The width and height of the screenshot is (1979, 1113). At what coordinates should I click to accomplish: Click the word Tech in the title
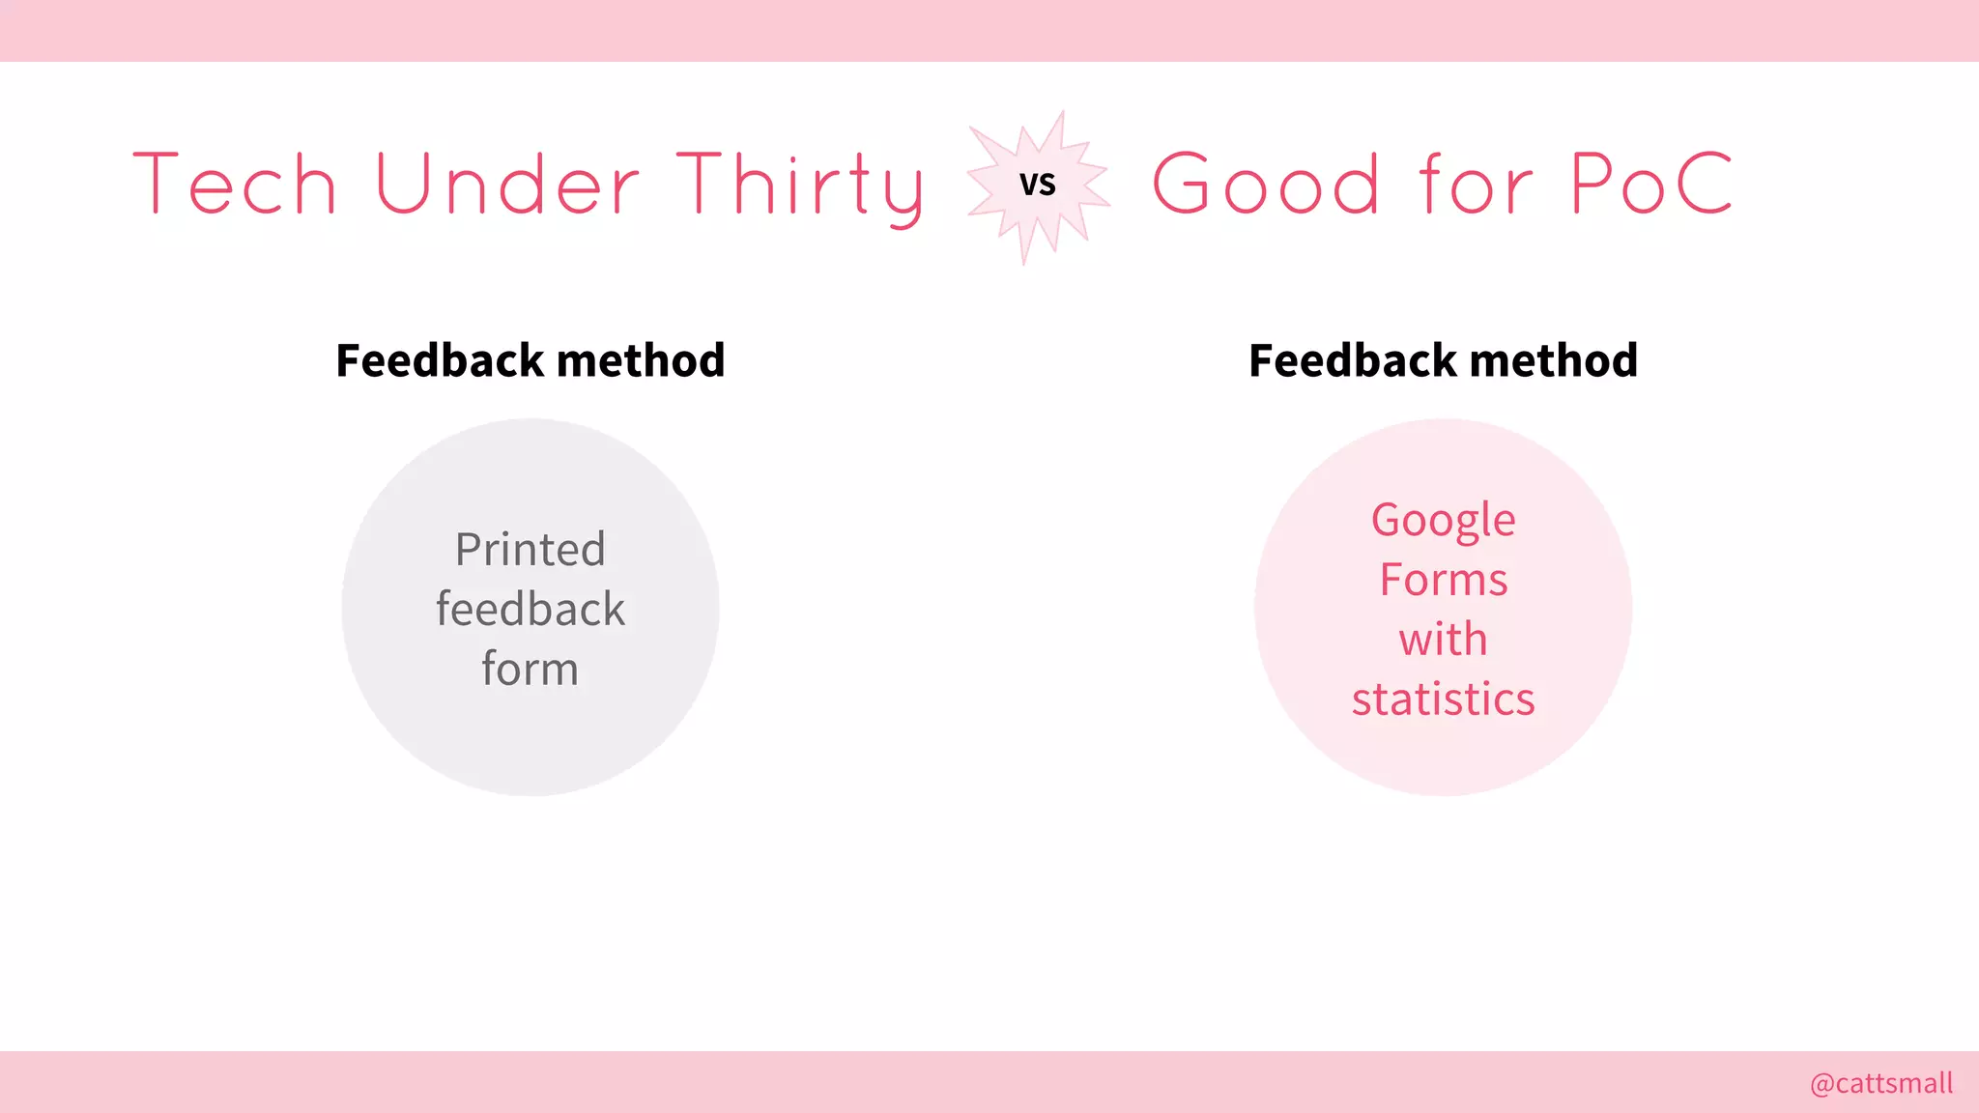[x=235, y=184]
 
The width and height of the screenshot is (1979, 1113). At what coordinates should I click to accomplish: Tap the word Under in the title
[x=507, y=184]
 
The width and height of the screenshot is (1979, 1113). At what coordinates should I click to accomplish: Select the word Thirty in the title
[x=800, y=185]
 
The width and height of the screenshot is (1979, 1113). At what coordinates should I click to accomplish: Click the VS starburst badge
[x=1038, y=185]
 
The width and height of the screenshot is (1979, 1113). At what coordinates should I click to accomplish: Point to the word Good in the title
[x=1266, y=184]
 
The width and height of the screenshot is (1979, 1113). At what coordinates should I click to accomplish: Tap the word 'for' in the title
[x=1476, y=184]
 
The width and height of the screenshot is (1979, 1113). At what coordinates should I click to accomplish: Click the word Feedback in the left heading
[x=440, y=360]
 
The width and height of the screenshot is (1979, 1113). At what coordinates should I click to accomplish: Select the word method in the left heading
[x=641, y=360]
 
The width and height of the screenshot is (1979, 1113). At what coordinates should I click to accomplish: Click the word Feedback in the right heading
[x=1353, y=360]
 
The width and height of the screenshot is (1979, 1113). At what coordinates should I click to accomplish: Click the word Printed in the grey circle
[x=531, y=550]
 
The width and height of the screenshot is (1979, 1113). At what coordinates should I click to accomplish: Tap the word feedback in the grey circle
[x=531, y=610]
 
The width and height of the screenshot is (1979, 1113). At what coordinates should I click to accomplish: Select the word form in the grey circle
[x=531, y=669]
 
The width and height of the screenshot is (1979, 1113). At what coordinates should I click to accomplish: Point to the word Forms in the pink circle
[x=1443, y=581]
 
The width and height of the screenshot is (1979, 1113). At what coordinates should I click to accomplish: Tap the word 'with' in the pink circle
[x=1443, y=640]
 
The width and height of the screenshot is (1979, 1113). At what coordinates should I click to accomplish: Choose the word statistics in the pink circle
[x=1443, y=699]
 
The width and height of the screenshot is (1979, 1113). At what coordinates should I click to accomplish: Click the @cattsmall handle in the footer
[x=1880, y=1083]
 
